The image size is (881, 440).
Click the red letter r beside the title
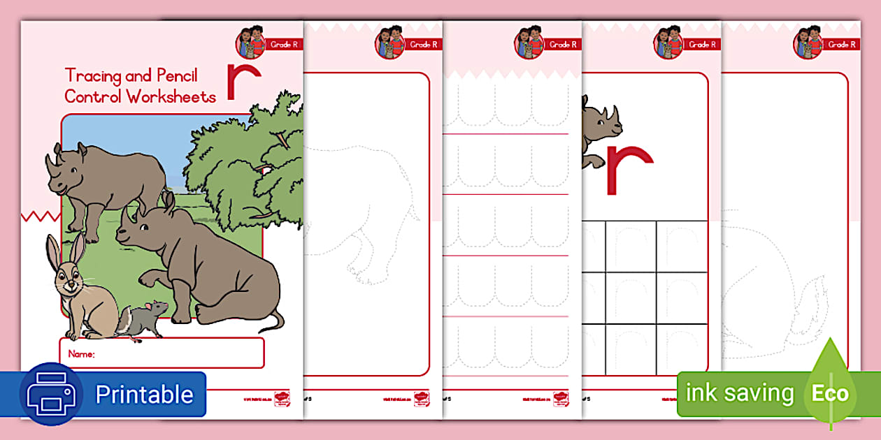click(x=243, y=79)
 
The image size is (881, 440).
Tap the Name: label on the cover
click(x=82, y=354)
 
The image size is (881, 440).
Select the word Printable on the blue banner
click(x=144, y=395)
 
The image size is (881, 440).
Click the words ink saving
click(x=740, y=393)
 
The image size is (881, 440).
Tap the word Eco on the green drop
click(x=830, y=393)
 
